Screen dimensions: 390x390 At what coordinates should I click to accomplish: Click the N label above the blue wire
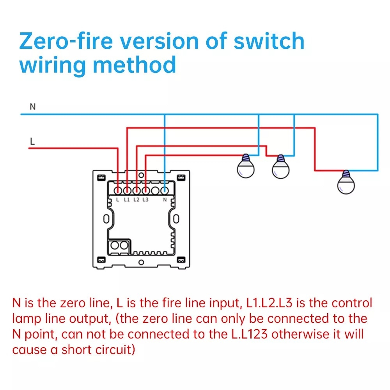(33, 106)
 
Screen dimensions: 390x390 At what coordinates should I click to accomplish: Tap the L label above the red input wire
(32, 141)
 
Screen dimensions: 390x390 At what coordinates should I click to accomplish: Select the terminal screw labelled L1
(127, 190)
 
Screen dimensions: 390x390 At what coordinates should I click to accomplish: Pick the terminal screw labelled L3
(145, 190)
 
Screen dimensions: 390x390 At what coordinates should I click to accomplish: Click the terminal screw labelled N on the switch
(165, 190)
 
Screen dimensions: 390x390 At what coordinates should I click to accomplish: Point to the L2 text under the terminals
(136, 200)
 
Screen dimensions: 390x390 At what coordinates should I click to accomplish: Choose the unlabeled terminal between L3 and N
(155, 190)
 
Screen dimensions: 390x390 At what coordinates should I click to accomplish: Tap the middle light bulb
(280, 168)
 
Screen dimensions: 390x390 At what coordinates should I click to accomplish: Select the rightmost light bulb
(346, 182)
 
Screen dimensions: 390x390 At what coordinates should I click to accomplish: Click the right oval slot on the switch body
(176, 218)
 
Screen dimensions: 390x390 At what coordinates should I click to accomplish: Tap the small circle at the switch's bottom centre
(141, 262)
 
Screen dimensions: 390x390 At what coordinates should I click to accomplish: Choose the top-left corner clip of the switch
(101, 178)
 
